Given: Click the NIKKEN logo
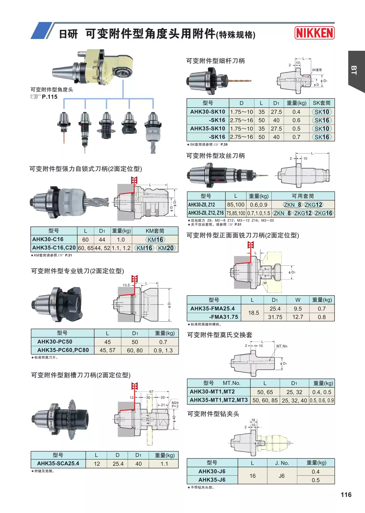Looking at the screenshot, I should click(x=315, y=33).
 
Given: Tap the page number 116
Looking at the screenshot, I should click(x=346, y=495).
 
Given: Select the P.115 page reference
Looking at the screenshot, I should click(x=49, y=97).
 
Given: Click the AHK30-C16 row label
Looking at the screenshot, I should click(x=48, y=239).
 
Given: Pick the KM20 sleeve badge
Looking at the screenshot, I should click(x=166, y=248).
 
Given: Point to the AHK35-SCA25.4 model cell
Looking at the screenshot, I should click(x=58, y=464).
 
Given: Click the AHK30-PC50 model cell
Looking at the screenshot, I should click(x=55, y=342).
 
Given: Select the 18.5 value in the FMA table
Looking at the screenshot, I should click(x=253, y=313).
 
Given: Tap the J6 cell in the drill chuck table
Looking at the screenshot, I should click(x=281, y=476).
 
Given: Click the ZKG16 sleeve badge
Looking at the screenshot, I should click(x=323, y=213).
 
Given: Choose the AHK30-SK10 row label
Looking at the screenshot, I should click(x=208, y=112).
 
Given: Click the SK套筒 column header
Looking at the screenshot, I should click(x=322, y=103).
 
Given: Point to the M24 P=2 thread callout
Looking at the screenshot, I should click(x=175, y=404).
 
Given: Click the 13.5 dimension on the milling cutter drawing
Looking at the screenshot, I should click(x=126, y=285).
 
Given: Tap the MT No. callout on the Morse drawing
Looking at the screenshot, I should click(x=282, y=346).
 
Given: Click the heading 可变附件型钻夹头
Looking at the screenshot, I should click(x=213, y=414).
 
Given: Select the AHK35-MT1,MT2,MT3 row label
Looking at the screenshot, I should click(x=219, y=400).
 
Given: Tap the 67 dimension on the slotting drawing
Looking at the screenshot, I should click(x=151, y=392).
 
